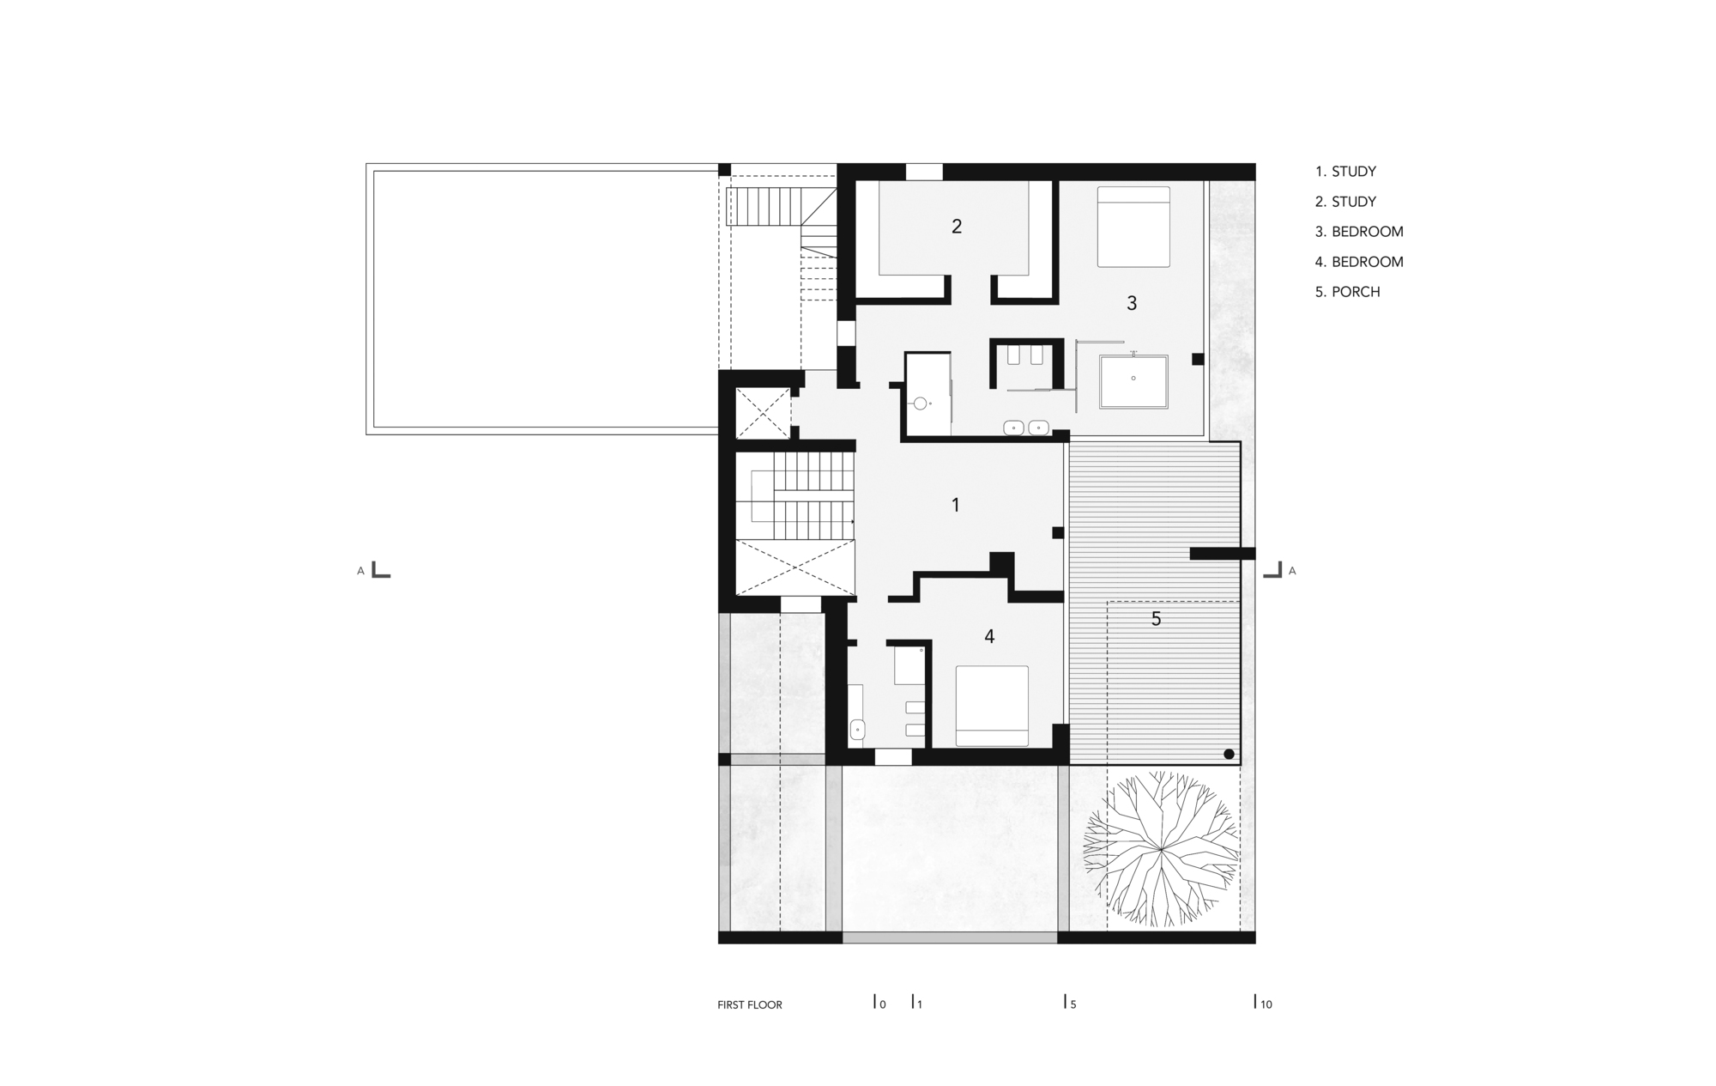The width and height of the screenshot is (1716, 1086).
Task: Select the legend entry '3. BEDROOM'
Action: coord(1358,232)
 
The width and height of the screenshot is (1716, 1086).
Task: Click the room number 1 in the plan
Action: coord(956,505)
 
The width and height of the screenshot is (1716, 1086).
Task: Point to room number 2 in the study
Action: coord(957,226)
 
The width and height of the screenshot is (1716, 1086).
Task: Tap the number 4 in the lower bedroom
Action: coord(989,636)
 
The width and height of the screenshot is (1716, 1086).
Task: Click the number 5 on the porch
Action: coord(1156,618)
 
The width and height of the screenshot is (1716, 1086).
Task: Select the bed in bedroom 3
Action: coord(1133,227)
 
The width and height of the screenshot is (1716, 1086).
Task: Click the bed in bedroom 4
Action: coord(992,706)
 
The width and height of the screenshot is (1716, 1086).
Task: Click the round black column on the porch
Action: coord(1229,754)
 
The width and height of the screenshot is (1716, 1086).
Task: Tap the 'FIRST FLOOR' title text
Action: coord(750,1004)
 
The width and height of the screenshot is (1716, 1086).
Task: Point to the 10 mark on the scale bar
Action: coord(1264,1003)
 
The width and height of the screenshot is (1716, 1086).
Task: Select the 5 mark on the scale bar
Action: coord(1071,1003)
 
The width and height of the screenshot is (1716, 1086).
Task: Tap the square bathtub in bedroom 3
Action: coord(1133,382)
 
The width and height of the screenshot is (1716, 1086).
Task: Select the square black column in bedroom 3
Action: coord(1198,359)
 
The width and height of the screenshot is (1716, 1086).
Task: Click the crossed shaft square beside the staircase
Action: coord(763,413)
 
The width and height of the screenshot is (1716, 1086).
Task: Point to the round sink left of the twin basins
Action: coord(920,403)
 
